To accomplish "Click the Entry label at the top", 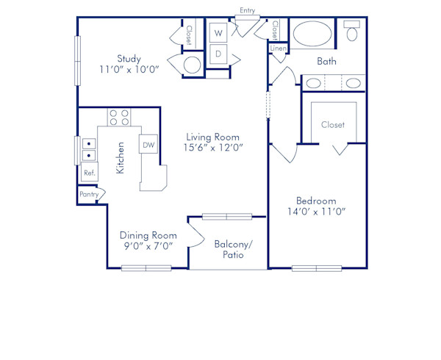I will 247,10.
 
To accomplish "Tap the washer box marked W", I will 218,33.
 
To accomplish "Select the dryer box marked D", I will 218,54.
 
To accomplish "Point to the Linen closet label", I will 278,48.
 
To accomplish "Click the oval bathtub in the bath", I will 312,34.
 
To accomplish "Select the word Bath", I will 327,62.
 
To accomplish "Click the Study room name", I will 129,59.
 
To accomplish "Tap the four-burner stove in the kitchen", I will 119,118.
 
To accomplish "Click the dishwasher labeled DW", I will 148,145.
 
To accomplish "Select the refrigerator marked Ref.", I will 89,173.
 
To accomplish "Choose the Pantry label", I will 89,195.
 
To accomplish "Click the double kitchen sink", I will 89,149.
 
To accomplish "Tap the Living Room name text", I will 213,136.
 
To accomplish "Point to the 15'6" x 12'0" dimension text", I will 213,148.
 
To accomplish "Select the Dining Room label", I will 148,235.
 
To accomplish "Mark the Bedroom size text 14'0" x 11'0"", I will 316,212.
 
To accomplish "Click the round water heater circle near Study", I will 192,65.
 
